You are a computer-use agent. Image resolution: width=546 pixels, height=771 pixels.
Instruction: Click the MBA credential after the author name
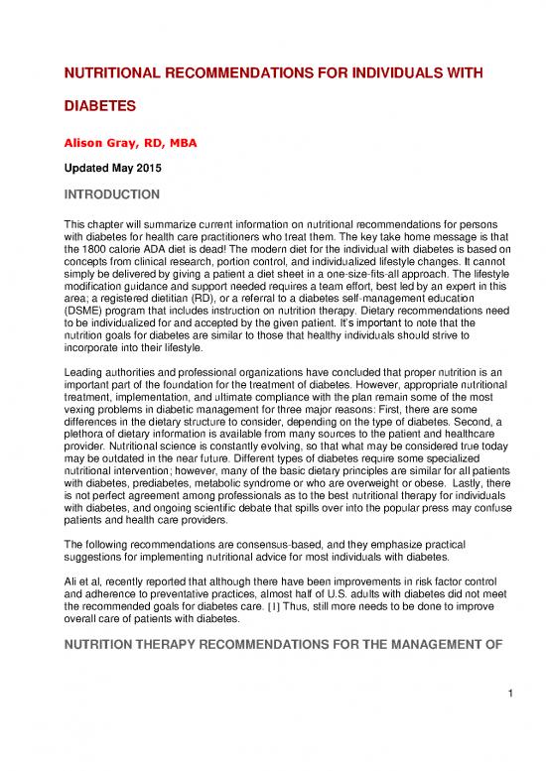click(181, 144)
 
